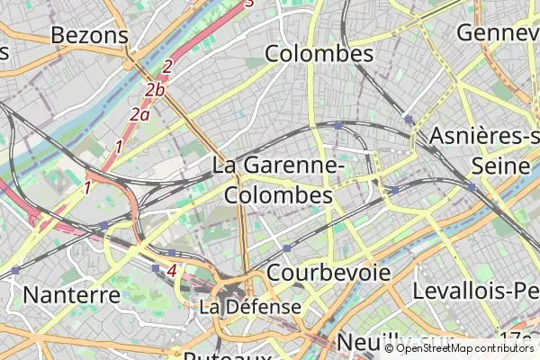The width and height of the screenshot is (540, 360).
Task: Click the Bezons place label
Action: click(x=90, y=35)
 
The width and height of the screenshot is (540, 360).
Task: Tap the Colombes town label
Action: click(x=319, y=54)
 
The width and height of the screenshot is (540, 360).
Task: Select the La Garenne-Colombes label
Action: click(x=278, y=180)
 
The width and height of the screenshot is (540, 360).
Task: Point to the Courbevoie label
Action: click(x=328, y=272)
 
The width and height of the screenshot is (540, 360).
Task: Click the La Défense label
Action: click(x=250, y=307)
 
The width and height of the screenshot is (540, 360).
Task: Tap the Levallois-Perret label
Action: click(x=475, y=291)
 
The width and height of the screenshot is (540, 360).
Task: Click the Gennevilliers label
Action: click(x=498, y=32)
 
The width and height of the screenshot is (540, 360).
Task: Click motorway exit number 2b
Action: click(x=155, y=89)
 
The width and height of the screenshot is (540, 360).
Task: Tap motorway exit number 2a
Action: click(x=139, y=114)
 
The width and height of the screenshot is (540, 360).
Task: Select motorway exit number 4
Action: click(x=171, y=269)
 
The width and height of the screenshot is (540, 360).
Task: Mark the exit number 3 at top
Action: click(x=250, y=4)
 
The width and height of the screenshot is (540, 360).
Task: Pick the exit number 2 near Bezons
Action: click(x=167, y=67)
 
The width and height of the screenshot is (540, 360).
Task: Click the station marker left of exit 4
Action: click(x=156, y=268)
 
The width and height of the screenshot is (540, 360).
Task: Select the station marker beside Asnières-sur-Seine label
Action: click(x=471, y=187)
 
